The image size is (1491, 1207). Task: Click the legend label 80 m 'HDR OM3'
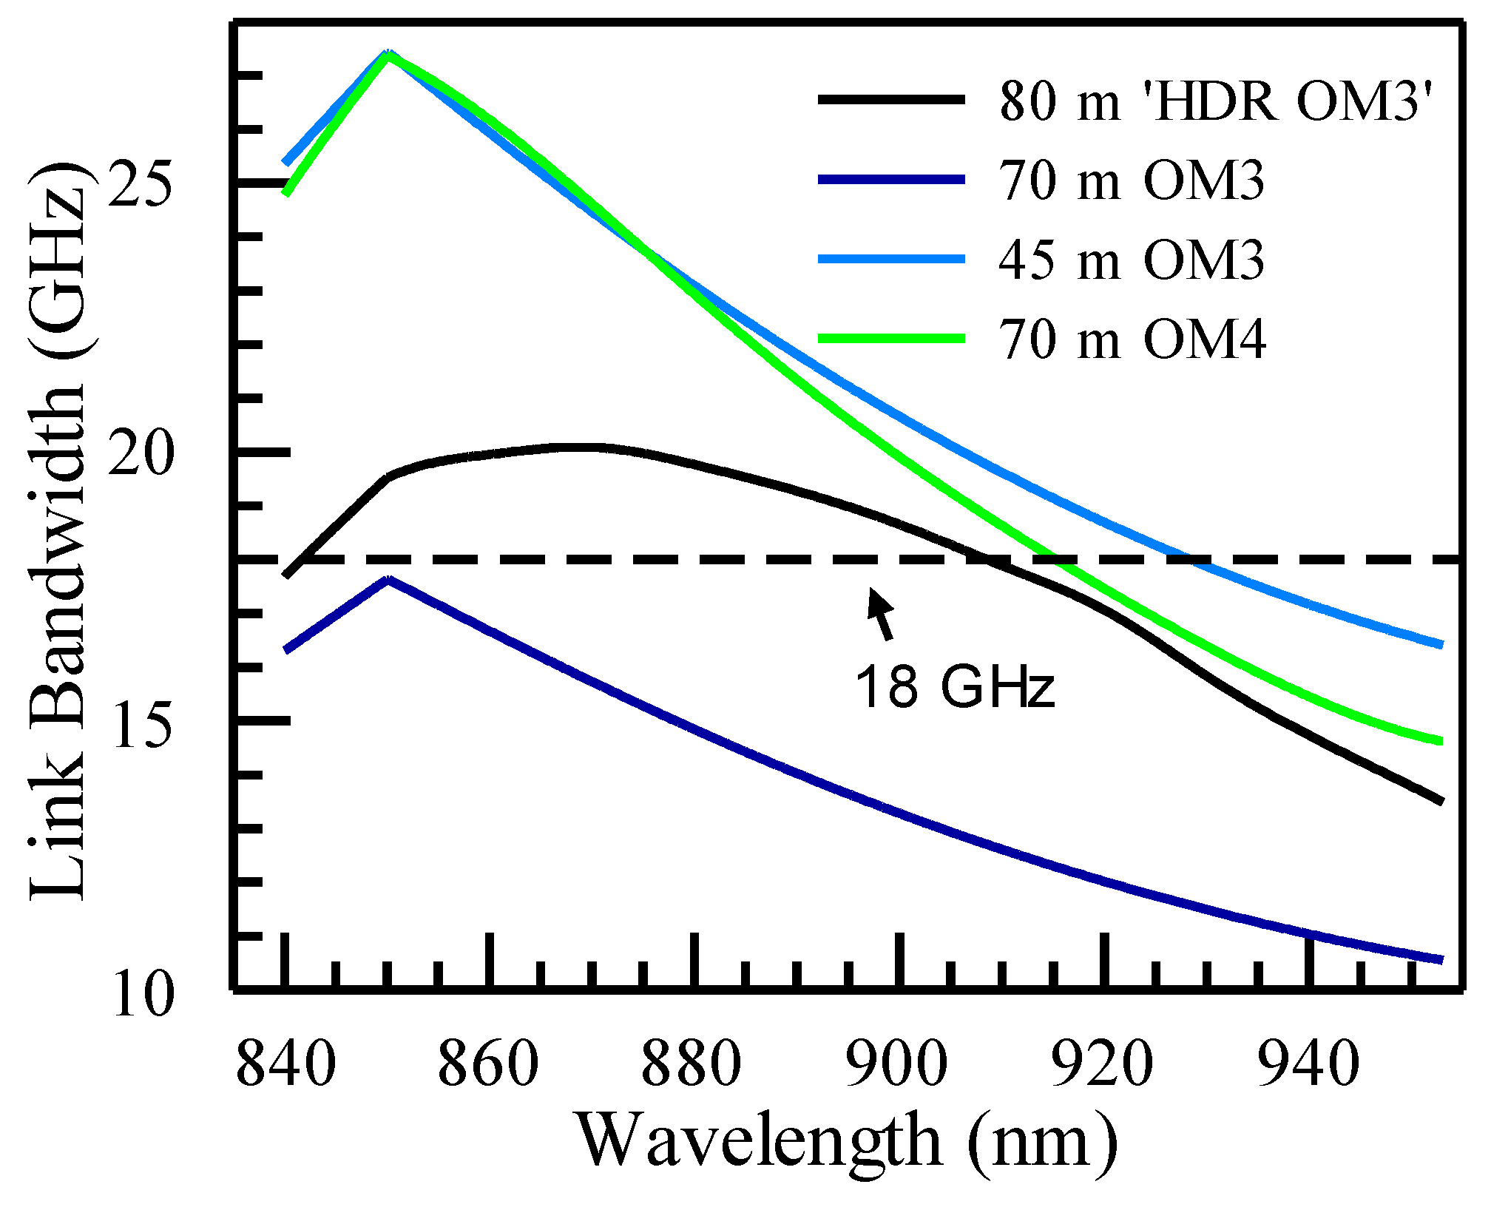click(x=1217, y=101)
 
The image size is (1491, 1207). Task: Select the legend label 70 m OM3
click(x=1132, y=180)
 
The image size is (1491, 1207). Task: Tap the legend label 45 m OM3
click(x=1132, y=260)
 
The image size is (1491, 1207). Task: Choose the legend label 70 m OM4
click(x=1132, y=340)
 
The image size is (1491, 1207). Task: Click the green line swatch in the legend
click(x=891, y=339)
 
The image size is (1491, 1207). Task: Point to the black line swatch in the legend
click(x=891, y=99)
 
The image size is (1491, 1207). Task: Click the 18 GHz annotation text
click(x=955, y=686)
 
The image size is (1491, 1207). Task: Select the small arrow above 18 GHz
click(x=882, y=613)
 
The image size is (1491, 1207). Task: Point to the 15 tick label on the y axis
click(x=141, y=724)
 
